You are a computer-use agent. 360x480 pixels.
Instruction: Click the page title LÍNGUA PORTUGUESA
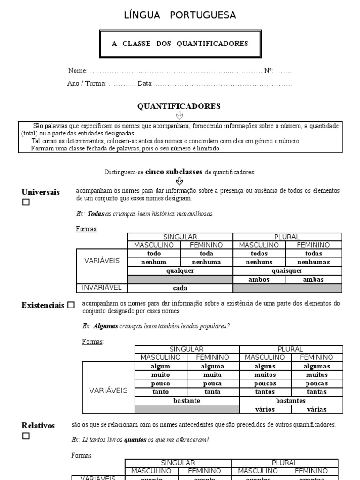[x=180, y=15]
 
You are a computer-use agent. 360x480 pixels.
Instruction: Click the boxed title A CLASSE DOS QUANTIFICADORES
[x=180, y=44]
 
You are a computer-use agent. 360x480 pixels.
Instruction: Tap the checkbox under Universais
[x=26, y=202]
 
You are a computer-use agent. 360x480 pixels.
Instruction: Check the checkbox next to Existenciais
[x=71, y=305]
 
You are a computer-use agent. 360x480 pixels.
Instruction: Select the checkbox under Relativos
[x=26, y=436]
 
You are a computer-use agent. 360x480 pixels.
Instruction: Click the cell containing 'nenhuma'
[x=206, y=262]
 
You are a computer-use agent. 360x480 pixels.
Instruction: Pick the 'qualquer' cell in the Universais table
[x=180, y=270]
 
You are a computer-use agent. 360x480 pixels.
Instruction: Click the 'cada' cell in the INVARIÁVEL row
[x=180, y=288]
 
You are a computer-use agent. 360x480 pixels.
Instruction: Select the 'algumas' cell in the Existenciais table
[x=317, y=366]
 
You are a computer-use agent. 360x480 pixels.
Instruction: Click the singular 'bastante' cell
[x=187, y=401]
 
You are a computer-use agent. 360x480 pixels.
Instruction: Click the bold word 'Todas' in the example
[x=96, y=214]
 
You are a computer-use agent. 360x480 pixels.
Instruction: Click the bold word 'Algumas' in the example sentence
[x=105, y=326]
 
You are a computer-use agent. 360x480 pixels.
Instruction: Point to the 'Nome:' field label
[x=77, y=71]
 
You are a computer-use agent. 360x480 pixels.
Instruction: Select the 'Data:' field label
[x=145, y=84]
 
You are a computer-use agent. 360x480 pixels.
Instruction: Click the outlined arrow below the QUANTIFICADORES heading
[x=179, y=115]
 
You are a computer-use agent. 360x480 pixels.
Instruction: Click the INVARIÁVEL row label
[x=102, y=288]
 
